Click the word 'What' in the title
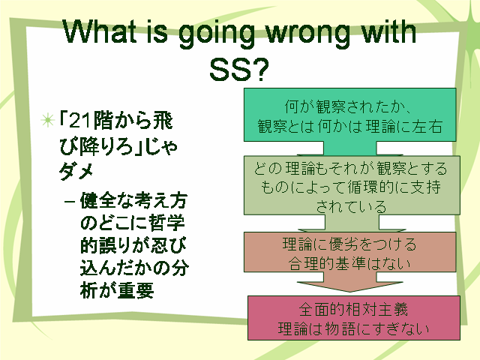(100, 31)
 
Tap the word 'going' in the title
(217, 34)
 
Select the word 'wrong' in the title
(307, 34)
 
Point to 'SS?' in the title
(239, 70)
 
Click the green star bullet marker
(48, 120)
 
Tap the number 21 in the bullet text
(80, 121)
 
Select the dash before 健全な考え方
(70, 202)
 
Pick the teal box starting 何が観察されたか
(349, 115)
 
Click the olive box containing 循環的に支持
(352, 185)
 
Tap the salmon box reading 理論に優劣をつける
(349, 252)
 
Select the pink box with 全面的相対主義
(353, 318)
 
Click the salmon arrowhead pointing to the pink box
(349, 286)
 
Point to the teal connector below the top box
(349, 148)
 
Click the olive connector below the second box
(352, 222)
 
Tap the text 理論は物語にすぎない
(353, 329)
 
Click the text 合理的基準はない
(349, 263)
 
